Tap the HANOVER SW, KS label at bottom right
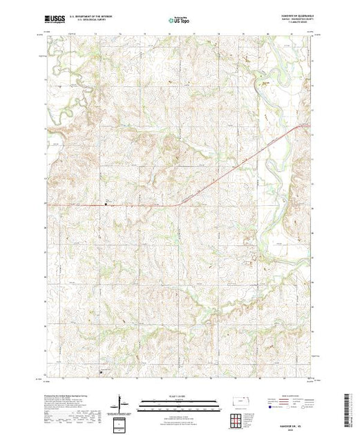pos(286,412)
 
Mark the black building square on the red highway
pos(106,204)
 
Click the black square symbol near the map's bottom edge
pos(104,372)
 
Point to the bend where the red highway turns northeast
pos(178,203)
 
